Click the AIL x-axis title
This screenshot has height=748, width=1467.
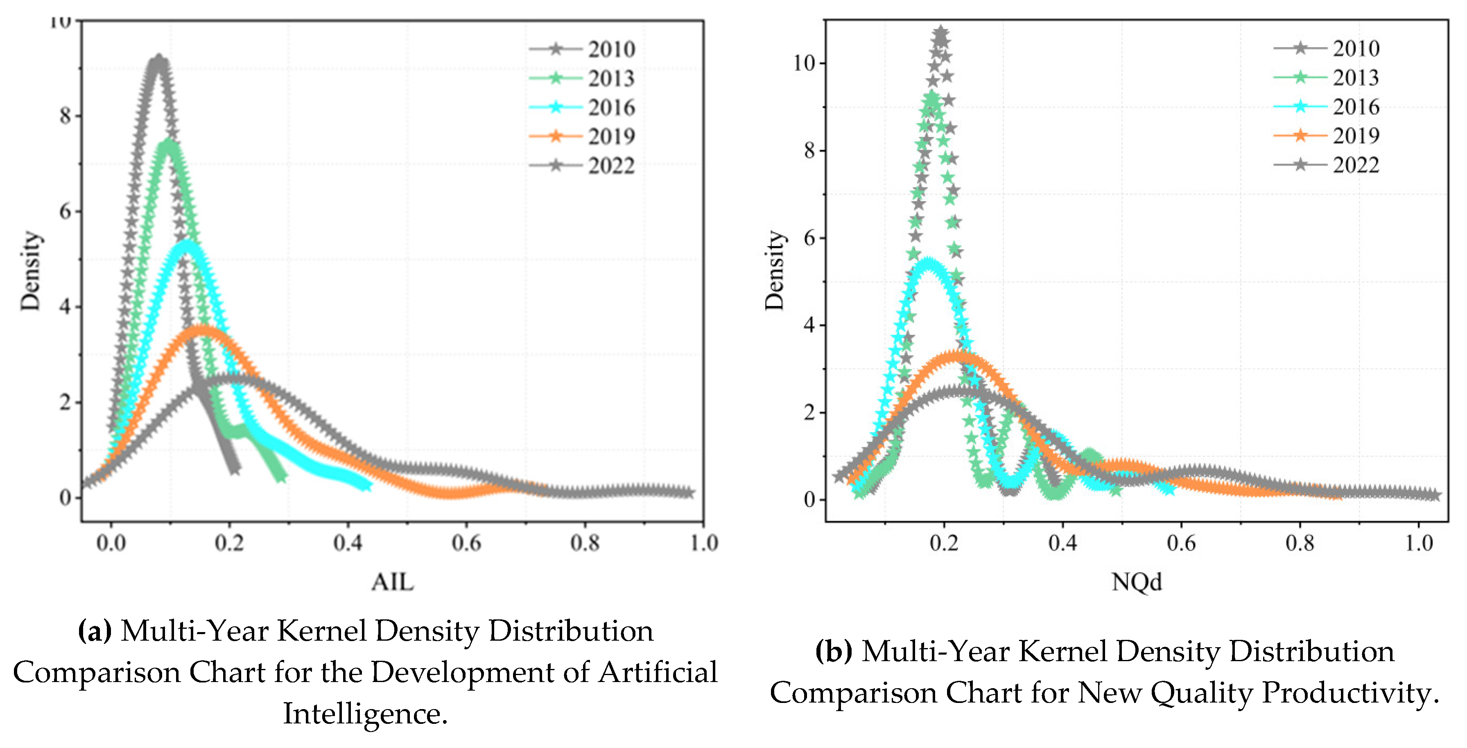pyautogui.click(x=392, y=582)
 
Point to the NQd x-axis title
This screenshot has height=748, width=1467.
pyautogui.click(x=1137, y=582)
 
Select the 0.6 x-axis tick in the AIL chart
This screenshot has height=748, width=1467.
pyautogui.click(x=466, y=543)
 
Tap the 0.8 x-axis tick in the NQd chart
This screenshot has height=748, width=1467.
pyautogui.click(x=1300, y=543)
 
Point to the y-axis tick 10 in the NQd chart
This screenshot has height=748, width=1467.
pyautogui.click(x=805, y=63)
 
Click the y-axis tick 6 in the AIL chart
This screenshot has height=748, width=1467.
pyautogui.click(x=66, y=211)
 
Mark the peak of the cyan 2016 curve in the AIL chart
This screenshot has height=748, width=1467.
pyautogui.click(x=187, y=245)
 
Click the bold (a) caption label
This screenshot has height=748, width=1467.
pyautogui.click(x=95, y=631)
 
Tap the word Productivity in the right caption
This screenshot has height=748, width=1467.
pyautogui.click(x=1349, y=693)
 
